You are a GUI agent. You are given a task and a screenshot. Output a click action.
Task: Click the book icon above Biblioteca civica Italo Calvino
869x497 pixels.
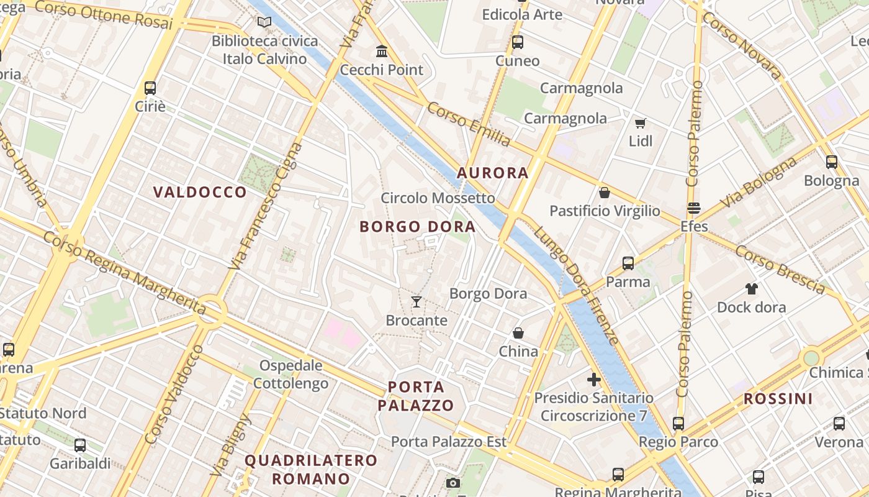(x=264, y=22)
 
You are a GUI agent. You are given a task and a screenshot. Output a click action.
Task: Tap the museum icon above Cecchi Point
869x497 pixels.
(x=382, y=51)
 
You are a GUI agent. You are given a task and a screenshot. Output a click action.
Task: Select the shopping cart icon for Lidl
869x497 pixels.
(x=640, y=123)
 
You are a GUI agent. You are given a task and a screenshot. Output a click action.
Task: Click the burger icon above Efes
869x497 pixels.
(x=693, y=207)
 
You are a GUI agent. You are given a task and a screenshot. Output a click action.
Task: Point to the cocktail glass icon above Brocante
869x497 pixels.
(x=416, y=302)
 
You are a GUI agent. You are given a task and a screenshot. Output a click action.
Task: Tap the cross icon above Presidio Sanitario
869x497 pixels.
(x=593, y=379)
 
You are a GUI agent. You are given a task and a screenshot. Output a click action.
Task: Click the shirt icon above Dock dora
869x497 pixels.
(x=751, y=289)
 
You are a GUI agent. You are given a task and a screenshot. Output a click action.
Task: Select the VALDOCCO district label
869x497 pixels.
(x=200, y=192)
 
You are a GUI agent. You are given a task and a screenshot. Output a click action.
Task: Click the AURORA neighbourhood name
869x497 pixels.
(x=493, y=173)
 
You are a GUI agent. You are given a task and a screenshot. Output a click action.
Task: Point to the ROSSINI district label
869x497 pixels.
(x=778, y=398)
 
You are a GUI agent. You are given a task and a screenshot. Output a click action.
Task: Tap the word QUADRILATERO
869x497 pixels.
(x=311, y=460)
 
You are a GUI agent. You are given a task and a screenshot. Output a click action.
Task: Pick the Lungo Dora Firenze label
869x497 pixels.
(x=577, y=285)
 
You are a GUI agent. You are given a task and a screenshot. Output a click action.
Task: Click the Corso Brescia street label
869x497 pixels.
(x=780, y=268)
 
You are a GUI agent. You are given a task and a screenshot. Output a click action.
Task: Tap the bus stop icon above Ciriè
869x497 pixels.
(x=150, y=88)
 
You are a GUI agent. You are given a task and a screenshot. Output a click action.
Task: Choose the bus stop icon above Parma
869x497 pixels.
(x=628, y=263)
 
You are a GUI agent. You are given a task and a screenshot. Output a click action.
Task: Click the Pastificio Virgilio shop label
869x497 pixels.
(x=605, y=211)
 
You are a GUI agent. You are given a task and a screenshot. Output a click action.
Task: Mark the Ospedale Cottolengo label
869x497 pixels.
(x=290, y=374)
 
